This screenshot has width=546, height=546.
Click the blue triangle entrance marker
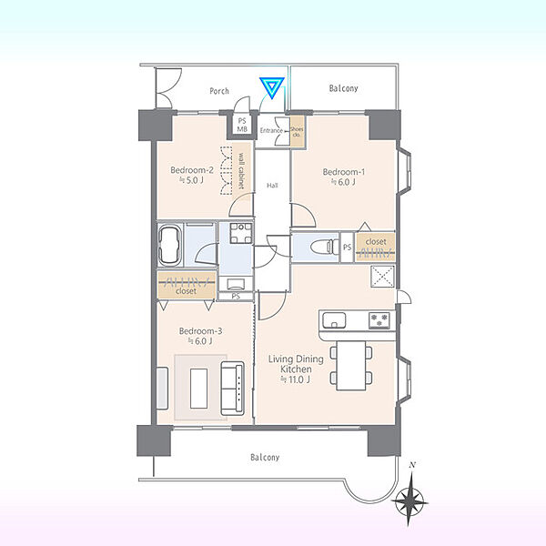pyautogui.click(x=272, y=87)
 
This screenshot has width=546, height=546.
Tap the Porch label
pyautogui.click(x=219, y=91)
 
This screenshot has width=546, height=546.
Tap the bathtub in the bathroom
pyautogui.click(x=170, y=245)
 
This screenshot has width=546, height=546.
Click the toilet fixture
pyautogui.click(x=325, y=247)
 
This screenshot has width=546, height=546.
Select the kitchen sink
pyautogui.click(x=334, y=320)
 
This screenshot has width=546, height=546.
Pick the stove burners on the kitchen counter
pyautogui.click(x=379, y=320)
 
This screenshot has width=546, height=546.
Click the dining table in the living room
pyautogui.click(x=351, y=365)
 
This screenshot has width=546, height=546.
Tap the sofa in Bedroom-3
pyautogui.click(x=233, y=389)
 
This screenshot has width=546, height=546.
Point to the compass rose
pyautogui.click(x=410, y=500)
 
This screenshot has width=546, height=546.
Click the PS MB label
pyautogui.click(x=242, y=125)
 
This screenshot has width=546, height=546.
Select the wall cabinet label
pyautogui.click(x=241, y=171)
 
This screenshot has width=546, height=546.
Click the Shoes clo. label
pyautogui.click(x=297, y=132)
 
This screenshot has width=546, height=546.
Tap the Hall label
pyautogui.click(x=272, y=186)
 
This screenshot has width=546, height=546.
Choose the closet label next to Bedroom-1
pyautogui.click(x=376, y=241)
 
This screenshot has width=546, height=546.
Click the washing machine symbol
pyautogui.click(x=240, y=233)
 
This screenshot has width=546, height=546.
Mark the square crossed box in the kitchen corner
pyautogui.click(x=382, y=277)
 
